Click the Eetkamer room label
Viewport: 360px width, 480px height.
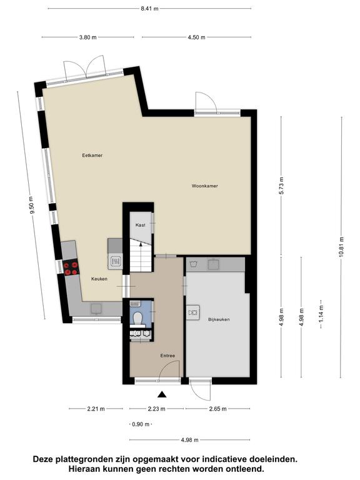click(x=92, y=155)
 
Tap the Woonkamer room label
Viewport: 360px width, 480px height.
click(x=205, y=186)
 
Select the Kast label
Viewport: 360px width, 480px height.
click(x=140, y=225)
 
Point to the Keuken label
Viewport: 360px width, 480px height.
click(x=99, y=279)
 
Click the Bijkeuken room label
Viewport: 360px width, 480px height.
click(x=219, y=319)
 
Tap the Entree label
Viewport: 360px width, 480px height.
click(x=167, y=356)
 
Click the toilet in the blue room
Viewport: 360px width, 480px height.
click(x=138, y=317)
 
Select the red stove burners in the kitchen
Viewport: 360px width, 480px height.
click(x=71, y=267)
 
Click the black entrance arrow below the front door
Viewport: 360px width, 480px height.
click(x=162, y=394)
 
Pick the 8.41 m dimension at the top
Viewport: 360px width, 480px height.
click(x=150, y=9)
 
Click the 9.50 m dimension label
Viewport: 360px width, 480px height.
click(x=31, y=206)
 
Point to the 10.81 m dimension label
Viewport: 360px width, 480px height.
click(x=342, y=247)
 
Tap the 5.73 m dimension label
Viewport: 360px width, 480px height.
click(x=282, y=186)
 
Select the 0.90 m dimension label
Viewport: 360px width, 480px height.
click(x=141, y=424)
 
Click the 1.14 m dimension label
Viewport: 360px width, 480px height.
click(x=321, y=314)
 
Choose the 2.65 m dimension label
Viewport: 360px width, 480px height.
click(x=217, y=409)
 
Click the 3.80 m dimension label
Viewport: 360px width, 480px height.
click(x=88, y=37)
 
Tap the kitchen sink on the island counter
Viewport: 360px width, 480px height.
click(x=116, y=261)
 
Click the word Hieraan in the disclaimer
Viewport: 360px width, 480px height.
click(x=84, y=468)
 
